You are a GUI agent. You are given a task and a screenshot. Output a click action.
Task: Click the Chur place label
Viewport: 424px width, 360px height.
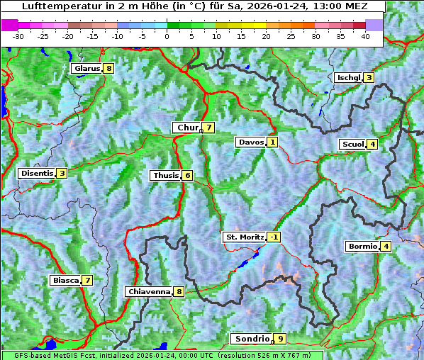click(187, 128)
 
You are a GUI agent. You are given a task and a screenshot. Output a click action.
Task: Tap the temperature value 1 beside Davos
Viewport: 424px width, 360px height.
click(272, 142)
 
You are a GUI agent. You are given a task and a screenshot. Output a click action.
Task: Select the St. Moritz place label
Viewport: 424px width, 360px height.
click(244, 237)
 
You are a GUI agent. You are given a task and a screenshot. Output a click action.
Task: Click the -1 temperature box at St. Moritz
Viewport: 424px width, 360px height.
click(274, 237)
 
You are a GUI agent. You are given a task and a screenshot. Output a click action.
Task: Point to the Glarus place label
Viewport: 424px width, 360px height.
click(86, 69)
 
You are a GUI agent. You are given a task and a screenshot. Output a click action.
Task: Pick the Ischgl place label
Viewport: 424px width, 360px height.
click(348, 77)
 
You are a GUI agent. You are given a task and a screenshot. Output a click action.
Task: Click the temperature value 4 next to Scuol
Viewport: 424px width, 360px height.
click(372, 144)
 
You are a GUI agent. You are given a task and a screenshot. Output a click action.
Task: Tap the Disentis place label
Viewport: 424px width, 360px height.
click(36, 173)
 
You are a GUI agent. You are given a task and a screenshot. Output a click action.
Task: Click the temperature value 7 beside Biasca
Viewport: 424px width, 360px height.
click(87, 280)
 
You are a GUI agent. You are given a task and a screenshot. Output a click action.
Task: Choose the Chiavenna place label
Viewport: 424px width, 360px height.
click(148, 291)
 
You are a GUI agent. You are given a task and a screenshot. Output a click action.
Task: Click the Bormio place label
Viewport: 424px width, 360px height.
click(362, 247)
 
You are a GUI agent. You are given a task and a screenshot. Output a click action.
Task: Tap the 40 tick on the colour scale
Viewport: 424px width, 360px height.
click(365, 35)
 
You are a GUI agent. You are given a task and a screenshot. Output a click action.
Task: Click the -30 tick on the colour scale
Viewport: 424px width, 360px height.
click(18, 35)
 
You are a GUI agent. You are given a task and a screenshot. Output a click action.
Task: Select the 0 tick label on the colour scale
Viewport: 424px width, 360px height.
click(167, 35)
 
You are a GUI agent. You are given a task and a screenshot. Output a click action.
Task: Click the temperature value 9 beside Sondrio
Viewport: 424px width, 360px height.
click(281, 339)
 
